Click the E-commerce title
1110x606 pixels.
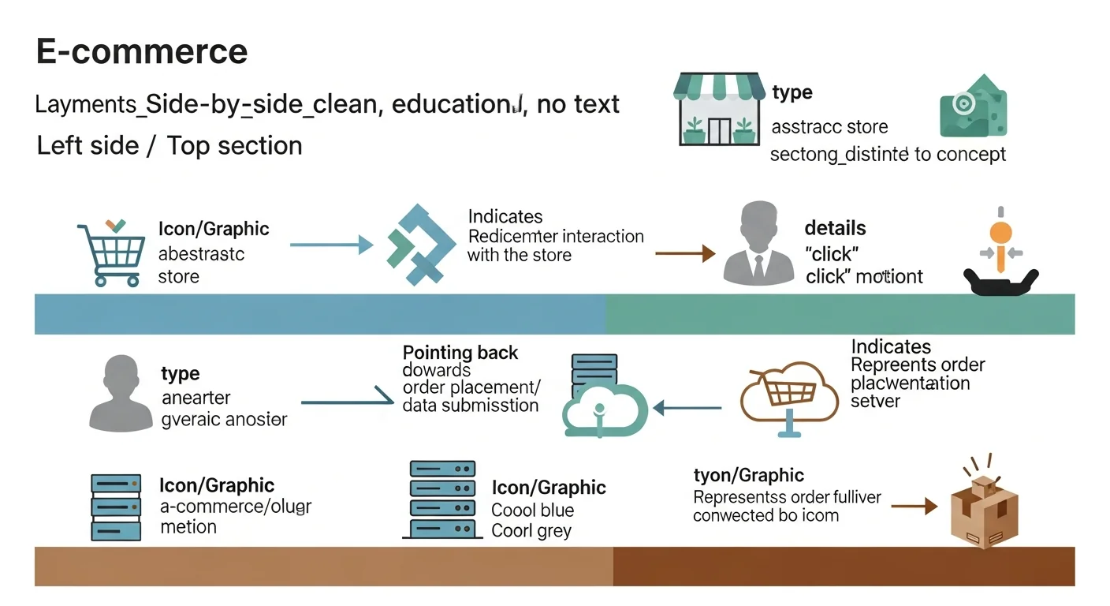coord(142,52)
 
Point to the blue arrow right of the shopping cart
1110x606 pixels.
coord(331,245)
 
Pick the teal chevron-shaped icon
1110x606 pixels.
coord(422,245)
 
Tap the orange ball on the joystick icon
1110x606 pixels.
coord(1000,233)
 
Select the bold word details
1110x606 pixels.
coord(835,229)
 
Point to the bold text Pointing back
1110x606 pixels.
coord(460,353)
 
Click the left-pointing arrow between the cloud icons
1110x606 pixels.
coord(687,408)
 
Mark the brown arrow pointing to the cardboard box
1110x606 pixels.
coord(918,506)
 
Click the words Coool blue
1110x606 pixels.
coord(532,510)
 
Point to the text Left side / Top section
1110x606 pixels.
coord(169,146)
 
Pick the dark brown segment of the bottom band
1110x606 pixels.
coord(844,567)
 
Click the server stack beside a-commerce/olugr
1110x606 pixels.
coord(116,507)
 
